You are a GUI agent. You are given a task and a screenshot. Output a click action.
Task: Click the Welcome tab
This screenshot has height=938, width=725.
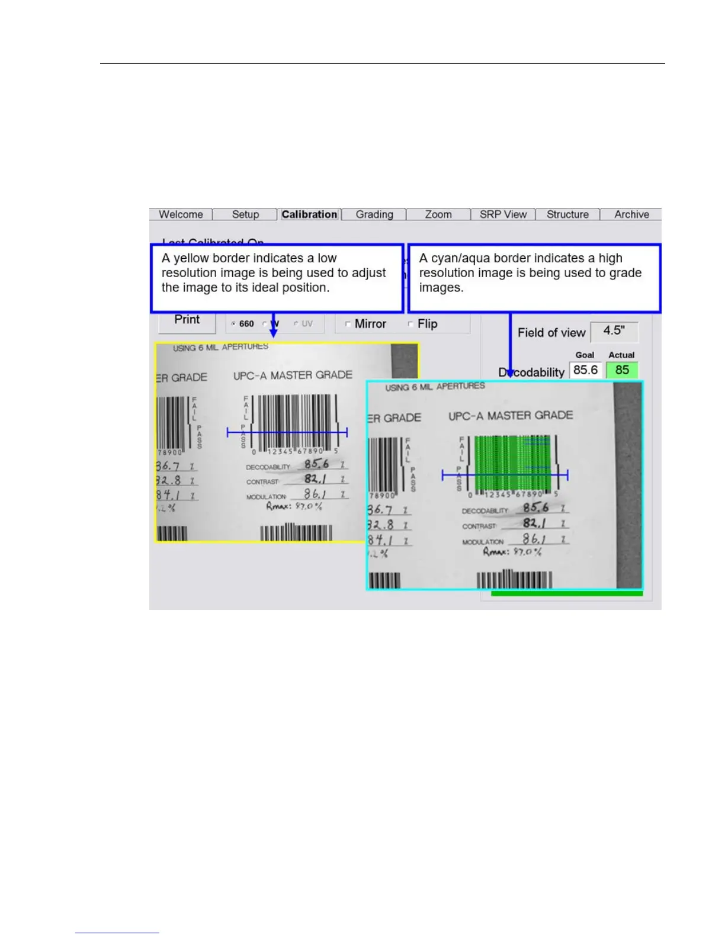coord(181,214)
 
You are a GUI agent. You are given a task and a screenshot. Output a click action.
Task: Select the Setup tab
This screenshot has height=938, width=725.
coord(245,214)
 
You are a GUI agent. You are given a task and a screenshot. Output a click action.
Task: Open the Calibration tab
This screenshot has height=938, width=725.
coord(309,214)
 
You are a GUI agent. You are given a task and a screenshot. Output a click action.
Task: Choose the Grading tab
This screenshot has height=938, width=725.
coord(374,214)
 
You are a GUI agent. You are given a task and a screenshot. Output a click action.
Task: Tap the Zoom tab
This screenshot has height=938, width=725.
coord(438,214)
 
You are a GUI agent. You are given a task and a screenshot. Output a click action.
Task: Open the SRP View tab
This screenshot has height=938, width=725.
coord(503,214)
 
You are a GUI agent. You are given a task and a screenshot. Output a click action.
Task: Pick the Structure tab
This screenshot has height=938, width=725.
coord(567,214)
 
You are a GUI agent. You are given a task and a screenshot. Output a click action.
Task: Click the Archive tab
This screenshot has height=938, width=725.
coord(631,214)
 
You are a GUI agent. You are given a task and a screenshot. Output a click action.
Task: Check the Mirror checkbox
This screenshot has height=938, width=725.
coord(348,324)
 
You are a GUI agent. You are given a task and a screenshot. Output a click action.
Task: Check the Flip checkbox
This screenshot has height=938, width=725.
coord(410,324)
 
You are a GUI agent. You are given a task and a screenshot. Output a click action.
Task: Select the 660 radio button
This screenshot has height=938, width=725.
coord(234,324)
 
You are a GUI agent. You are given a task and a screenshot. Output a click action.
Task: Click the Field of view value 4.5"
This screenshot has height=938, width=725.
coord(614,331)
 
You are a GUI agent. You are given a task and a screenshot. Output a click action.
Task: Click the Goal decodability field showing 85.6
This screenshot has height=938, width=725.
coord(585,370)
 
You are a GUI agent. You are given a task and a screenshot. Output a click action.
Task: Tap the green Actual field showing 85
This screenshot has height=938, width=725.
coord(622,370)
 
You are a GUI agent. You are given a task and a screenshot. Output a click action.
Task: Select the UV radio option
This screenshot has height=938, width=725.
coord(296,324)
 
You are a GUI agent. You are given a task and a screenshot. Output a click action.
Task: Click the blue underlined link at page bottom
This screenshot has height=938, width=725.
coord(117,933)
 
